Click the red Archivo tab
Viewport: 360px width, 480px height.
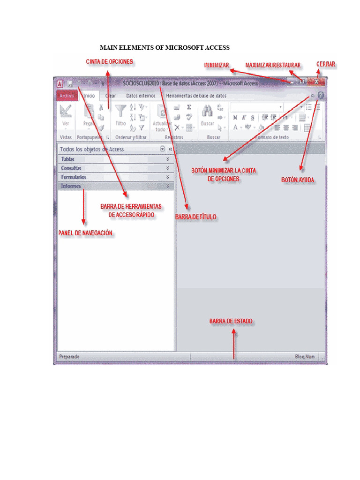click(x=67, y=96)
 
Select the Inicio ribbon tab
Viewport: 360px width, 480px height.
click(x=89, y=96)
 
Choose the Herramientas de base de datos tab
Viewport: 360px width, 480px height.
click(x=196, y=96)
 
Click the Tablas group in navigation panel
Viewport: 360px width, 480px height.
click(x=68, y=159)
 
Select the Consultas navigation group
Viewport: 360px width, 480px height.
click(x=71, y=168)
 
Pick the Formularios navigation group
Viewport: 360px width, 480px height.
click(x=74, y=177)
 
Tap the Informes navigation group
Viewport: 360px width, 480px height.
click(x=71, y=186)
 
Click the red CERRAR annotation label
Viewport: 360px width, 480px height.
click(x=326, y=64)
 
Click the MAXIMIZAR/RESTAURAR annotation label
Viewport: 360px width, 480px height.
click(x=273, y=65)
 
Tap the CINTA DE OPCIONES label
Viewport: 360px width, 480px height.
click(x=109, y=61)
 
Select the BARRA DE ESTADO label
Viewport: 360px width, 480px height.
click(x=231, y=322)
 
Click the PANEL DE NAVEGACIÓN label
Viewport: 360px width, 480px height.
click(x=85, y=233)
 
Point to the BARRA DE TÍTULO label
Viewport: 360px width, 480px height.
click(x=195, y=217)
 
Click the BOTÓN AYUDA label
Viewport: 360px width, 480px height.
click(x=298, y=180)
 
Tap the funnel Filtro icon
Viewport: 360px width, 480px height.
click(x=120, y=111)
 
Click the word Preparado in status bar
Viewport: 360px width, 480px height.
click(x=69, y=357)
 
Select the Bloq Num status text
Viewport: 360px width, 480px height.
click(x=305, y=357)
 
